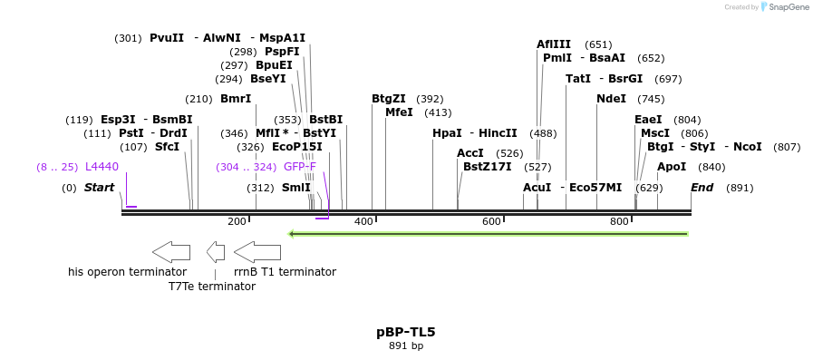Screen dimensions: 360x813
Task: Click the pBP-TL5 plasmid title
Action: (x=406, y=332)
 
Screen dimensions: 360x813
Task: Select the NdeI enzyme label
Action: (x=611, y=99)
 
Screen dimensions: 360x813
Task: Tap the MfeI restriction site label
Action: (x=399, y=112)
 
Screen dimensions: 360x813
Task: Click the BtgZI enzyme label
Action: (x=389, y=99)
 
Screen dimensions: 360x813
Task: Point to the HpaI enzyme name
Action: (x=447, y=133)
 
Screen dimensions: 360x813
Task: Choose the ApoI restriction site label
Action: (x=672, y=167)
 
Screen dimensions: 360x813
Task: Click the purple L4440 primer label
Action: (x=102, y=167)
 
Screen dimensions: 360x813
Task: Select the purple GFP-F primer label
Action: (x=300, y=167)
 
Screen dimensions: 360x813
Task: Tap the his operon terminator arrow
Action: (x=170, y=252)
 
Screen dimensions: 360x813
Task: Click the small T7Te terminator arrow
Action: (x=216, y=252)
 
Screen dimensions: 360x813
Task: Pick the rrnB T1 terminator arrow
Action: (x=257, y=252)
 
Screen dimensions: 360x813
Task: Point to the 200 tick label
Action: (x=237, y=221)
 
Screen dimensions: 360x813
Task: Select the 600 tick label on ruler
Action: (x=491, y=221)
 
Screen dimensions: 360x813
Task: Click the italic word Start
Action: (x=100, y=188)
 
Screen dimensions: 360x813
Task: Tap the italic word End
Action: (x=702, y=188)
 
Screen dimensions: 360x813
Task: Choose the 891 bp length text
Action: (x=406, y=345)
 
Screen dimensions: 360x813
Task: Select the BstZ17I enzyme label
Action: (x=488, y=167)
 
